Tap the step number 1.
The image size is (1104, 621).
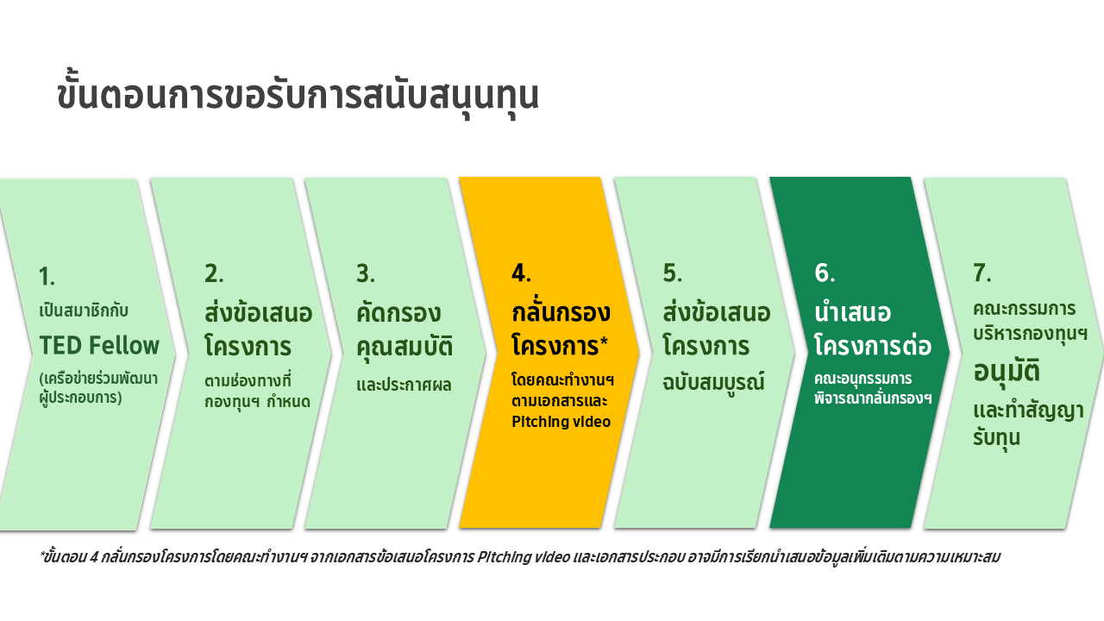[47, 276]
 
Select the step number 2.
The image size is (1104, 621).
[214, 273]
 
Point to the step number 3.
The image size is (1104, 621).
[365, 273]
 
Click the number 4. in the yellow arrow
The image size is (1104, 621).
[521, 273]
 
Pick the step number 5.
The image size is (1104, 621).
[672, 273]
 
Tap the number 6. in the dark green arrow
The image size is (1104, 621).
[825, 273]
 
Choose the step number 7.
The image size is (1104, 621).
[982, 273]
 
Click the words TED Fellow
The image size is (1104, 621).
[99, 345]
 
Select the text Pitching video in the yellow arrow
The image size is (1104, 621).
[561, 422]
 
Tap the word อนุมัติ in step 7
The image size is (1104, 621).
[1007, 371]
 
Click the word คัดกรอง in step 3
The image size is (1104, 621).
[398, 312]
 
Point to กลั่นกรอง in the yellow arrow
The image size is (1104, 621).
[561, 311]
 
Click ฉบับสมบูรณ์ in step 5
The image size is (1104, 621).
[713, 381]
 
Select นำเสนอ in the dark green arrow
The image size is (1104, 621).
[853, 312]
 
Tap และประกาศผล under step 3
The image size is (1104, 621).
[404, 385]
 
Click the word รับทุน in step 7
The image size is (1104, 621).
[996, 437]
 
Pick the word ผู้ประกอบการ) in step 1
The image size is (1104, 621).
[80, 398]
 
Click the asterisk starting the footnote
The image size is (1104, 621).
[42, 554]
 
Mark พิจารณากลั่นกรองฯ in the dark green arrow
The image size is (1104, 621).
[873, 398]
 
